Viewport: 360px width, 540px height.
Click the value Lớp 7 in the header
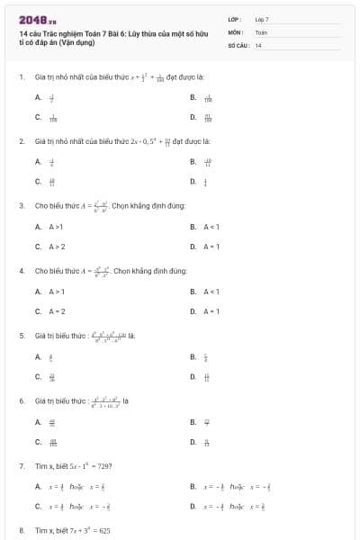(x=262, y=19)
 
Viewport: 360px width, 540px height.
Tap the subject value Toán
(x=261, y=31)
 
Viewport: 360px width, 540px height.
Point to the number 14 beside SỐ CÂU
(x=258, y=44)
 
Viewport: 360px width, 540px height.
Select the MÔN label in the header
(x=235, y=31)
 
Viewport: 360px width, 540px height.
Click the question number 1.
(x=21, y=77)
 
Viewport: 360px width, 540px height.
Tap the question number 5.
(x=21, y=336)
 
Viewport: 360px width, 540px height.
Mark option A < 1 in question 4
(x=211, y=292)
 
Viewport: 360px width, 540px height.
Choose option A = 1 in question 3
(x=211, y=246)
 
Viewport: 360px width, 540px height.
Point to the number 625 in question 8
(x=100, y=531)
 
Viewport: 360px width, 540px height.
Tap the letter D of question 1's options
(x=193, y=117)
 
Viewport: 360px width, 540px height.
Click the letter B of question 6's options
(x=193, y=421)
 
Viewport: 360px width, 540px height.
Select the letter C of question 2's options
(x=38, y=182)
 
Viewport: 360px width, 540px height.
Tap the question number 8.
(x=21, y=531)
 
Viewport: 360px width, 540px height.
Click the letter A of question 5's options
(x=38, y=357)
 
